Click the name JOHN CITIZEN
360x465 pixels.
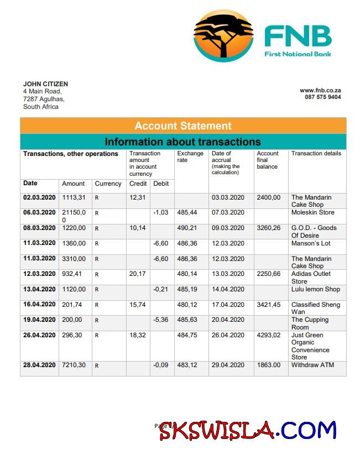(x=45, y=84)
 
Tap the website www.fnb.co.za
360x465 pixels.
(x=320, y=90)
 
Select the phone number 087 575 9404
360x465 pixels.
(x=322, y=97)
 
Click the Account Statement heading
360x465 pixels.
(x=183, y=126)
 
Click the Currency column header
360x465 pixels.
(x=108, y=184)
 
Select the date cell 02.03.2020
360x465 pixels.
(x=39, y=197)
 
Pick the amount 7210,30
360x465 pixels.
(x=74, y=365)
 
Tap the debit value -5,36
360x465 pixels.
(x=160, y=320)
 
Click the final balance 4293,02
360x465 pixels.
(x=269, y=335)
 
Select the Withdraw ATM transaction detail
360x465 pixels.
(x=312, y=365)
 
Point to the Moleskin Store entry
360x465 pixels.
(x=312, y=212)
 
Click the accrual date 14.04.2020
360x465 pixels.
(x=228, y=289)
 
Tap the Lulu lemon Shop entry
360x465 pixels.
(x=316, y=289)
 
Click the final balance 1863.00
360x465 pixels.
(x=269, y=365)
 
